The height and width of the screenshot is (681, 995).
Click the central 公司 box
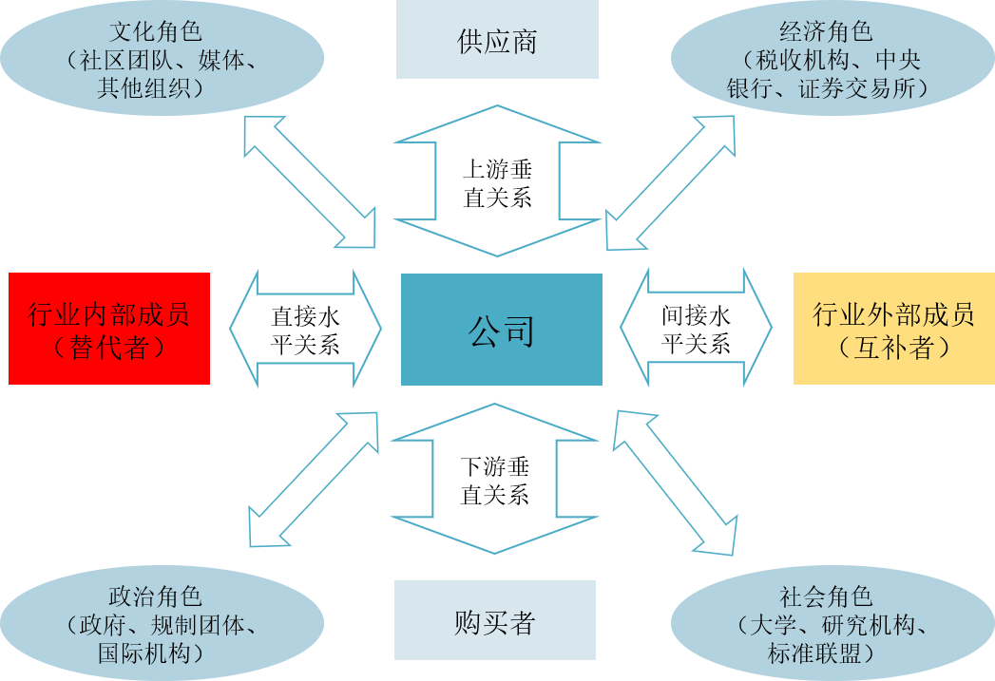point(501,330)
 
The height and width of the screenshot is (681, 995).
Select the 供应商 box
point(497,42)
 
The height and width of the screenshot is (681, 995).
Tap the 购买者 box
point(494,621)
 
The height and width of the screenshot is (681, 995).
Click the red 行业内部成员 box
point(109,329)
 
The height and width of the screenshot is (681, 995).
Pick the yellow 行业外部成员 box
point(893,329)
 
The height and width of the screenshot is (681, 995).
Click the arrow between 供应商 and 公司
point(497,180)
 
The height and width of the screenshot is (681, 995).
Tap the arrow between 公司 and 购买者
point(495,479)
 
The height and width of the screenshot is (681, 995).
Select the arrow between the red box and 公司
point(305,328)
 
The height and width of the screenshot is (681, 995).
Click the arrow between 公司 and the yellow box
point(696,328)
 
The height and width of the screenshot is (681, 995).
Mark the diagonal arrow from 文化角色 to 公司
point(310,181)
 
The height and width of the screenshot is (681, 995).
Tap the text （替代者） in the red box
point(109,348)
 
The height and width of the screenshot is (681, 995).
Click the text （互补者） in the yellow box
point(893,348)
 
